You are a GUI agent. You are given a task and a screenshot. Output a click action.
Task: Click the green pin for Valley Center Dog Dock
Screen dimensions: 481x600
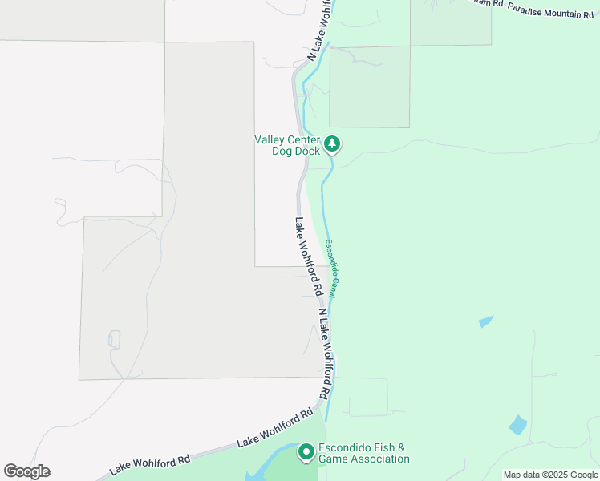point(332,144)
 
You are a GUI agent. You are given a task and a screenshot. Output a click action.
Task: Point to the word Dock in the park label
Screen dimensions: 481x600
point(307,151)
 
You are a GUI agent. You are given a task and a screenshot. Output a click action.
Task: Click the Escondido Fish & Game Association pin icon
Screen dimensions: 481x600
point(306,452)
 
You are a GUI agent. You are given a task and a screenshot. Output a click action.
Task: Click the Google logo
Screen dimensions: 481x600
point(26,471)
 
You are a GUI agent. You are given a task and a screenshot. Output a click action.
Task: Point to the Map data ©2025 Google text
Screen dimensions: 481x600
point(550,475)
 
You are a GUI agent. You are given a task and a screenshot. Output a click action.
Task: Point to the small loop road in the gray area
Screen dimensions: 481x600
point(114,339)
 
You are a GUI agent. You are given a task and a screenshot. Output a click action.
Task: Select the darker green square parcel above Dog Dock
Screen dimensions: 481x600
point(369,87)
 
